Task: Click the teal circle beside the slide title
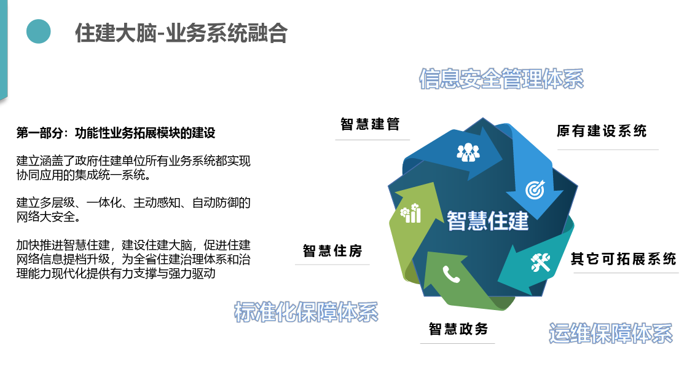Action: (39, 31)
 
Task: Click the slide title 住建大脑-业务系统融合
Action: (181, 33)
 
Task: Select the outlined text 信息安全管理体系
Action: (501, 79)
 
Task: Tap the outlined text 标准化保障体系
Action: (306, 312)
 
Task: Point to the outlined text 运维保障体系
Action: (611, 333)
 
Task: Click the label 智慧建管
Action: (370, 124)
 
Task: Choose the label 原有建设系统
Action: (602, 131)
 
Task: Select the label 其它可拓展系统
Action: (623, 259)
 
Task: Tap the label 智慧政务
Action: (458, 328)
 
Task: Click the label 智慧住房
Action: (332, 251)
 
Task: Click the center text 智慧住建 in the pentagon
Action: (487, 220)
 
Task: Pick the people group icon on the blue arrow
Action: (468, 152)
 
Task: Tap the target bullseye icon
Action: (535, 189)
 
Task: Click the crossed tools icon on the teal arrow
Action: (540, 262)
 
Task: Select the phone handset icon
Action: (451, 274)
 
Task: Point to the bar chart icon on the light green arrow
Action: (410, 213)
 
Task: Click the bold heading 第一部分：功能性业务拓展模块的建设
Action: (116, 133)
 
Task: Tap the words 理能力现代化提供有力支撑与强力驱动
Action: (116, 273)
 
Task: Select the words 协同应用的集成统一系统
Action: (80, 175)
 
